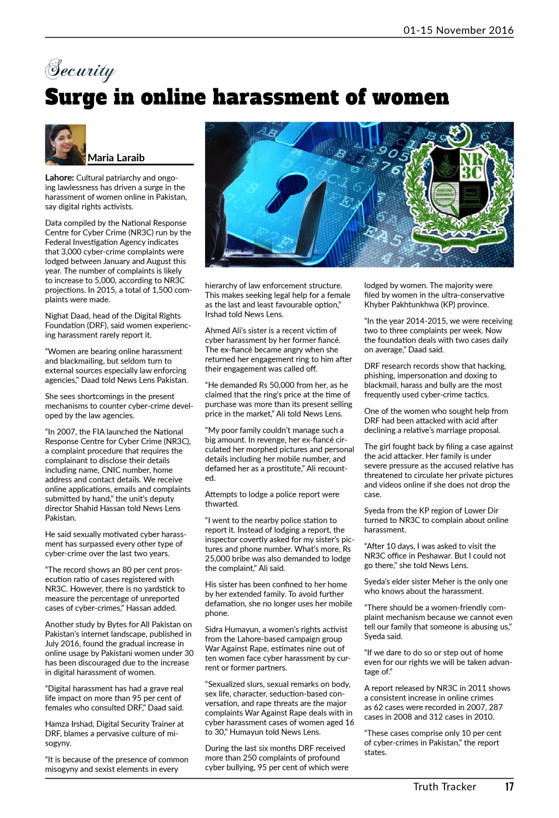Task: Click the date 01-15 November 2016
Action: point(458,30)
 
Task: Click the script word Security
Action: point(80,71)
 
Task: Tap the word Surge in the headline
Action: point(76,98)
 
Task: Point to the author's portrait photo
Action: point(65,144)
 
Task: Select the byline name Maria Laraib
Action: point(116,158)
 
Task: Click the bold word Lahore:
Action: point(59,178)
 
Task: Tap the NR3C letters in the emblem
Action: point(471,166)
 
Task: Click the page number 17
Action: point(509,787)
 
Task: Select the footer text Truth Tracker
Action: point(445,787)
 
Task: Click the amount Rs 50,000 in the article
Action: point(290,385)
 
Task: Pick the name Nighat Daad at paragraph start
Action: point(66,316)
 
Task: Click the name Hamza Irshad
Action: point(68,724)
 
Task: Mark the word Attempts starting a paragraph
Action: point(222,494)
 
